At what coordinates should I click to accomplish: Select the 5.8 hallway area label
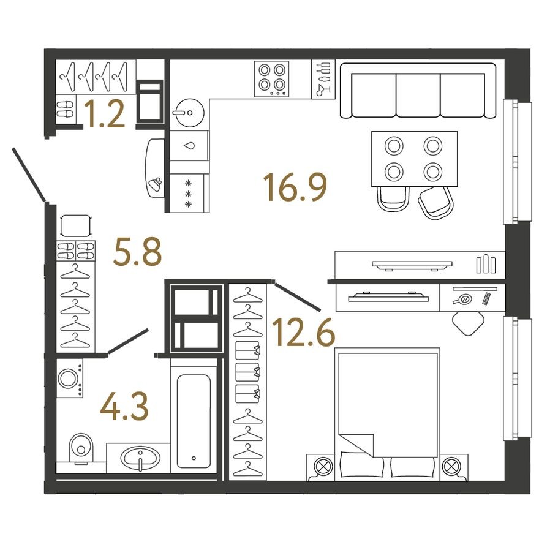pyautogui.click(x=137, y=252)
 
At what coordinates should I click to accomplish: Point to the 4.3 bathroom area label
pyautogui.click(x=124, y=409)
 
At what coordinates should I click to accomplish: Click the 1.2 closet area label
pyautogui.click(x=105, y=115)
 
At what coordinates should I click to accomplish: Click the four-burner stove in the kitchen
pyautogui.click(x=271, y=79)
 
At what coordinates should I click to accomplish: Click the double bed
pyautogui.click(x=387, y=413)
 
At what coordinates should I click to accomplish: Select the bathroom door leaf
pyautogui.click(x=128, y=342)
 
